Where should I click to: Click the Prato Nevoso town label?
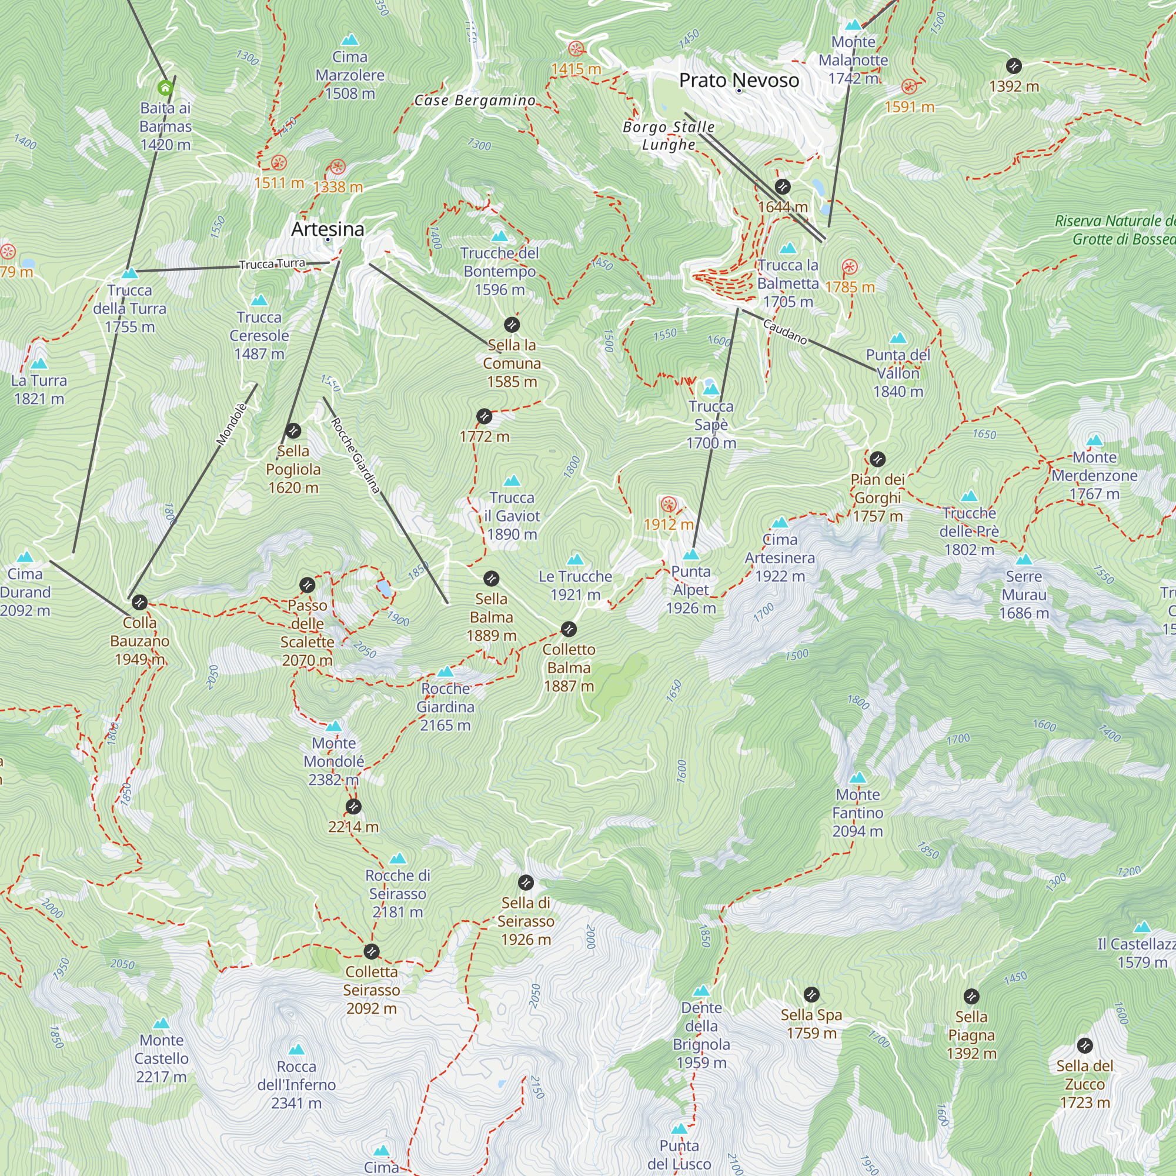(739, 81)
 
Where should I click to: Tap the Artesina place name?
(328, 229)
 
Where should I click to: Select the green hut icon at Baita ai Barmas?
(165, 88)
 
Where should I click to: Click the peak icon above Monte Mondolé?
(333, 726)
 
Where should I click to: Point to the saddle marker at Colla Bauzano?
(139, 603)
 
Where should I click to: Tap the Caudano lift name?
(785, 332)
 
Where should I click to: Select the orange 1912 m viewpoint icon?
(669, 505)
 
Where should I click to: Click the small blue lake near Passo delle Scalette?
(384, 589)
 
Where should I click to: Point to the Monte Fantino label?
(857, 813)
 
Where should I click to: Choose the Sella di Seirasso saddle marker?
(526, 883)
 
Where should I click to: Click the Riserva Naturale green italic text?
(1114, 230)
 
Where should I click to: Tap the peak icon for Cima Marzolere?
(349, 40)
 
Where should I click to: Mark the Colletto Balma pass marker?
(569, 629)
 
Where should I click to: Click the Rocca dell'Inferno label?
(296, 1084)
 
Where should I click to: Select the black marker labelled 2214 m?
(353, 807)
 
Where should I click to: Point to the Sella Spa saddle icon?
(811, 995)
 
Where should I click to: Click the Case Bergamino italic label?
(475, 101)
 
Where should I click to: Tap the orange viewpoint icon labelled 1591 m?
(909, 86)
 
